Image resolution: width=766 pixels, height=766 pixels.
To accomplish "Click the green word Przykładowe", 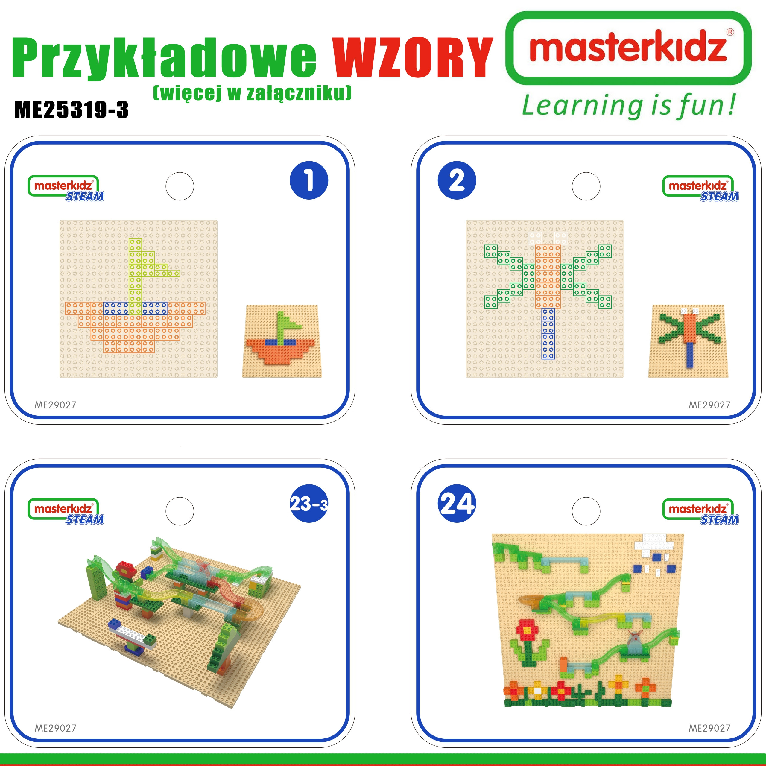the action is (x=164, y=60).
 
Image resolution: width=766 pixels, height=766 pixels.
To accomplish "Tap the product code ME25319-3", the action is (x=72, y=110).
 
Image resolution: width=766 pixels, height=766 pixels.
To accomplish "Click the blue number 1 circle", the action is (x=309, y=180).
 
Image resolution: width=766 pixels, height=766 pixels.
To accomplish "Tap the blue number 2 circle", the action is (x=457, y=180).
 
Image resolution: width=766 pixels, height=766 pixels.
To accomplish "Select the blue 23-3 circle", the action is (x=309, y=504).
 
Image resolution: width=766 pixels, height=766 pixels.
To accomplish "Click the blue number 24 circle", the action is (x=457, y=504).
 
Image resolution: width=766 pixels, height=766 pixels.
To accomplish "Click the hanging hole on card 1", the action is (x=180, y=186).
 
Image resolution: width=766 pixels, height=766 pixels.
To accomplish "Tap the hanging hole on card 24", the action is (x=586, y=511).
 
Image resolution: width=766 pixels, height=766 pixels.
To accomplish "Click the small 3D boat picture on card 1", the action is (x=282, y=341).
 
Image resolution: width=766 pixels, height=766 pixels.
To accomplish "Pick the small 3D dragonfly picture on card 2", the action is (x=688, y=341).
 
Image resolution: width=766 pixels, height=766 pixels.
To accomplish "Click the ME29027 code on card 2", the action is (x=709, y=405).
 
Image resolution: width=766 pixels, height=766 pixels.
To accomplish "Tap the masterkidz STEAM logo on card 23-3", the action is (x=66, y=511).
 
